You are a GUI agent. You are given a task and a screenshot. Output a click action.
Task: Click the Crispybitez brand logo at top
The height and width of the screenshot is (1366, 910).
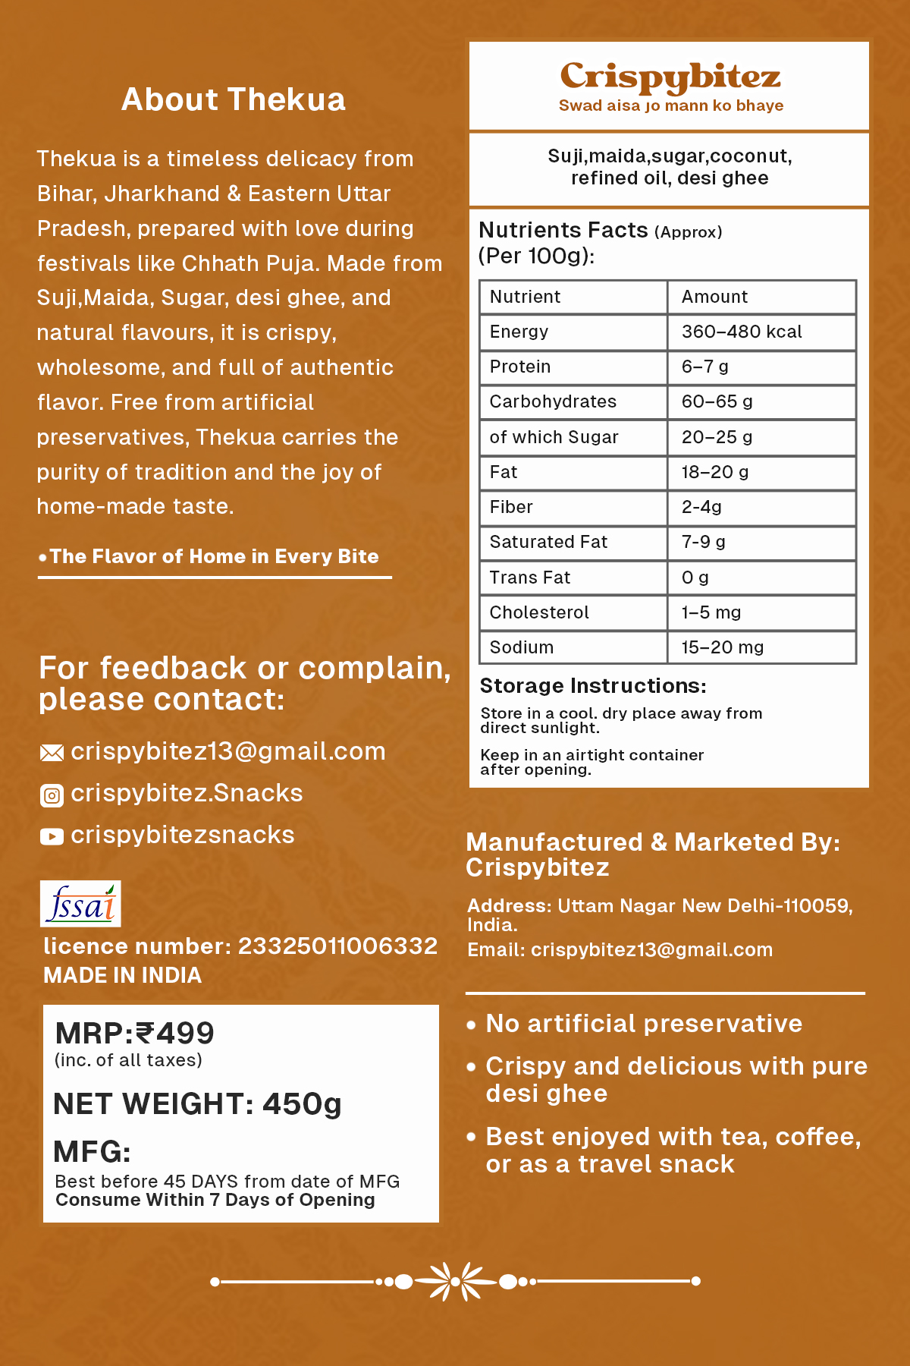(670, 77)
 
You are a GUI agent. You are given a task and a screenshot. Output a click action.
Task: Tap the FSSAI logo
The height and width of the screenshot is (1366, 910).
(80, 904)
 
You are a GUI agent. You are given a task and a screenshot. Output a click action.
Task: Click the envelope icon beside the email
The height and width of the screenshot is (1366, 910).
(52, 753)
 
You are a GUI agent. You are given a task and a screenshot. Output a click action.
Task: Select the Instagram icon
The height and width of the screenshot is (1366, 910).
(52, 795)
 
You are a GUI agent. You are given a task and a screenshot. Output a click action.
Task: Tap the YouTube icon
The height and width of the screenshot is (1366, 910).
(52, 836)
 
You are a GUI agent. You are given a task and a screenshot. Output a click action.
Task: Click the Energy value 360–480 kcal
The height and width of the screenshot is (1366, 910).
(741, 332)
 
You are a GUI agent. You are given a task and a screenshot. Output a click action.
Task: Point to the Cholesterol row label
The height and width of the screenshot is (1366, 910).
(539, 612)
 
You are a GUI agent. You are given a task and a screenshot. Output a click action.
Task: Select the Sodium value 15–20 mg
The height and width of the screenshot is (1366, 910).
(722, 647)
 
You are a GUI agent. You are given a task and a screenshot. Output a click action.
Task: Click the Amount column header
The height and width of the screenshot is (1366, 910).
(714, 297)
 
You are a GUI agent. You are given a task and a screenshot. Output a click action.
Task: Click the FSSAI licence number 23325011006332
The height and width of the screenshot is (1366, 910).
(337, 946)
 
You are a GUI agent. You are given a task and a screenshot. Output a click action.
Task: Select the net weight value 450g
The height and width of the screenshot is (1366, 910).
(302, 1104)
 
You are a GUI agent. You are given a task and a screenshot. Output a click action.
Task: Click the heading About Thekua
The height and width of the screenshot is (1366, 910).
(234, 99)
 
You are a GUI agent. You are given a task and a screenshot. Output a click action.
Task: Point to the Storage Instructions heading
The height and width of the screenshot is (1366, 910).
(593, 686)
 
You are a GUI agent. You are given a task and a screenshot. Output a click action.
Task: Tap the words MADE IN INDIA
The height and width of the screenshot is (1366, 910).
(123, 975)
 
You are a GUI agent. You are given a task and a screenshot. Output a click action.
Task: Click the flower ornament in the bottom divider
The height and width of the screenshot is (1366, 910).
(455, 1282)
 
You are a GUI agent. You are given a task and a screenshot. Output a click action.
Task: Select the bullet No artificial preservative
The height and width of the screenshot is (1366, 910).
(643, 1024)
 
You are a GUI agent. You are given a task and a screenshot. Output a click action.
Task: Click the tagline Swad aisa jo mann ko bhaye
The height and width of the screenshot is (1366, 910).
(670, 105)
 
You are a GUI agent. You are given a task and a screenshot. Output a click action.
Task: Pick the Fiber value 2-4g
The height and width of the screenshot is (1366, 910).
(701, 507)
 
